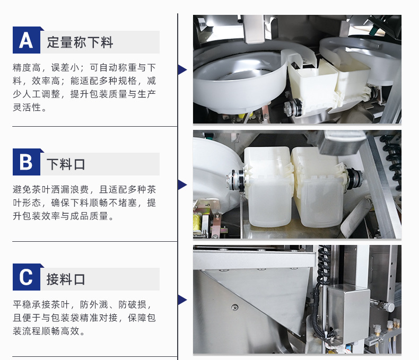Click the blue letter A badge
[x=27, y=40]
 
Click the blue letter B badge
[x=27, y=162]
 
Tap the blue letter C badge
[x=27, y=277]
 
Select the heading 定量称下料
[x=80, y=42]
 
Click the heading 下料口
[x=66, y=164]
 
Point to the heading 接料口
[x=66, y=279]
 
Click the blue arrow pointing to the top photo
[x=182, y=69]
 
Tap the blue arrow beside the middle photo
[x=182, y=185]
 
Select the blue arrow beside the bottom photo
[x=182, y=300]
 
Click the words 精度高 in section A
[x=27, y=67]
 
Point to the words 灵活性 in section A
[x=27, y=107]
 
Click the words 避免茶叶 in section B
[x=32, y=190]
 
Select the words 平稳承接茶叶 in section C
[x=41, y=305]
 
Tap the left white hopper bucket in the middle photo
[x=268, y=187]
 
